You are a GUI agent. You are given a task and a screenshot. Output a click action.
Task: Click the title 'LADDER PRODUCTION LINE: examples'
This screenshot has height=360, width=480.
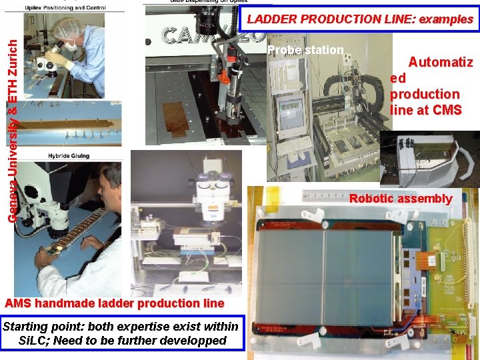coord(359,19)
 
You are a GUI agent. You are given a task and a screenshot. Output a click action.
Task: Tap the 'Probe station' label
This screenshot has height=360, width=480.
coord(305,50)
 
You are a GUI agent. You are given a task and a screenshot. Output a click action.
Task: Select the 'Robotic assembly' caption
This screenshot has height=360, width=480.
coord(401,198)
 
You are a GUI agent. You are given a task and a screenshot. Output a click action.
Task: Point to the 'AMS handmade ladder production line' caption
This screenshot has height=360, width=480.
coord(114,303)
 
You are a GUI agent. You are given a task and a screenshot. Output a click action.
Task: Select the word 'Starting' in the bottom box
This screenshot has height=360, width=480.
coord(28,326)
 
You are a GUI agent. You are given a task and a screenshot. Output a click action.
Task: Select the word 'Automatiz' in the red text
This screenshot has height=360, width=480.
coord(440,63)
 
